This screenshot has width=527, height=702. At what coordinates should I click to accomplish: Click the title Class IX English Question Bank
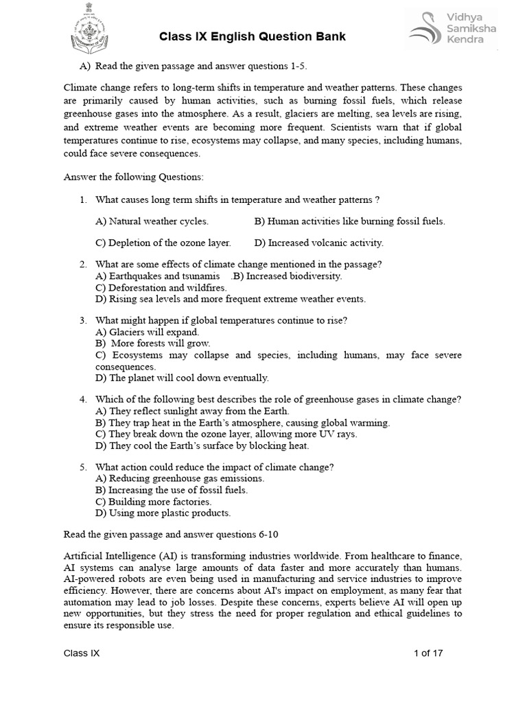point(253,36)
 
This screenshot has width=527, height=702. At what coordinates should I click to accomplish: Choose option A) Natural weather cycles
point(152,221)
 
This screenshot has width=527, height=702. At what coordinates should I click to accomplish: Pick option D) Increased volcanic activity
point(318,243)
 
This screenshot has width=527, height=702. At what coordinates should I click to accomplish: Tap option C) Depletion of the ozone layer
point(163,243)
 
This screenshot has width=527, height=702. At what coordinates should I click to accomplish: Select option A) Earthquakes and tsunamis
point(158,276)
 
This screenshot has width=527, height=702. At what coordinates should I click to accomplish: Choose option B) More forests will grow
point(153,343)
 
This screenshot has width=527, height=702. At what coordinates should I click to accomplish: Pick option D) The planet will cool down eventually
point(182,378)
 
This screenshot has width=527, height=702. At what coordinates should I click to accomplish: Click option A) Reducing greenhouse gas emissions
point(180,479)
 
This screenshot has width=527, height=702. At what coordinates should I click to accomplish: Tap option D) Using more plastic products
point(163,513)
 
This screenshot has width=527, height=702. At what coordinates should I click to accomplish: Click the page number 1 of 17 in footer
point(428,653)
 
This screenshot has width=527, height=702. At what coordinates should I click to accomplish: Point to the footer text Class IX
point(82,653)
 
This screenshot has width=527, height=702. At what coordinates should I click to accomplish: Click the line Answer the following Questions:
point(134,177)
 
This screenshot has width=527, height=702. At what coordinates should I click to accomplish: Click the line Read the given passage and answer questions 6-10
point(172,534)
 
